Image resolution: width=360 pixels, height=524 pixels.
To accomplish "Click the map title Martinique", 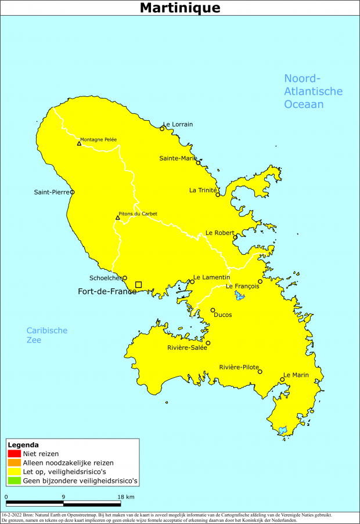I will click(x=180, y=8).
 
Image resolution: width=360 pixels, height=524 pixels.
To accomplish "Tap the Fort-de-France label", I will click(x=107, y=291).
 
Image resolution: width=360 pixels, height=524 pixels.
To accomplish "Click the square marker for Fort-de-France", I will click(x=138, y=284).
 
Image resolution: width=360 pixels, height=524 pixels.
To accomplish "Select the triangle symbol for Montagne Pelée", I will click(x=79, y=143).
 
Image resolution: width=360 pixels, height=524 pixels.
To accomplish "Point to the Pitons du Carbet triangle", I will click(x=117, y=218).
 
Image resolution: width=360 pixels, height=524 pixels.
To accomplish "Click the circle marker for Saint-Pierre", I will click(x=72, y=192).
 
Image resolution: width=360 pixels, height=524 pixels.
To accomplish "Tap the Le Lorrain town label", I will click(x=178, y=124).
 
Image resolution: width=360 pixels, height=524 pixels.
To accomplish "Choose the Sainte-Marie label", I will click(x=178, y=158).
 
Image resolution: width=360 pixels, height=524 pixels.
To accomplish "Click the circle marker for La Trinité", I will click(x=218, y=194).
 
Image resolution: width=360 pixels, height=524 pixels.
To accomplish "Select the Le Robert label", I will click(x=219, y=233).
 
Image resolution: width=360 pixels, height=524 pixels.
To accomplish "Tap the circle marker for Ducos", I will click(x=213, y=310).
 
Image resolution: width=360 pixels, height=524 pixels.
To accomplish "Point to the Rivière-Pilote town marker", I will click(x=260, y=371).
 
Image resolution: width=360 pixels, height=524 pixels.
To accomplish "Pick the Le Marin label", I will click(x=296, y=375).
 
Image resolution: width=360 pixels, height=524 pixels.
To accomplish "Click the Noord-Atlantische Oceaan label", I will click(x=312, y=92).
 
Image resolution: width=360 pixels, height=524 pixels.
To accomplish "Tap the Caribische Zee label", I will click(x=46, y=335).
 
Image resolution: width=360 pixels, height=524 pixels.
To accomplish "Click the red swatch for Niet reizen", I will click(x=15, y=453).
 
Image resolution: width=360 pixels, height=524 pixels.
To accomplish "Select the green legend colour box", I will click(x=15, y=481).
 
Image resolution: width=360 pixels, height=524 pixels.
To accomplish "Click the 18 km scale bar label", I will click(x=126, y=497).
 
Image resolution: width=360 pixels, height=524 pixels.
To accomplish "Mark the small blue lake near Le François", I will click(x=239, y=296).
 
